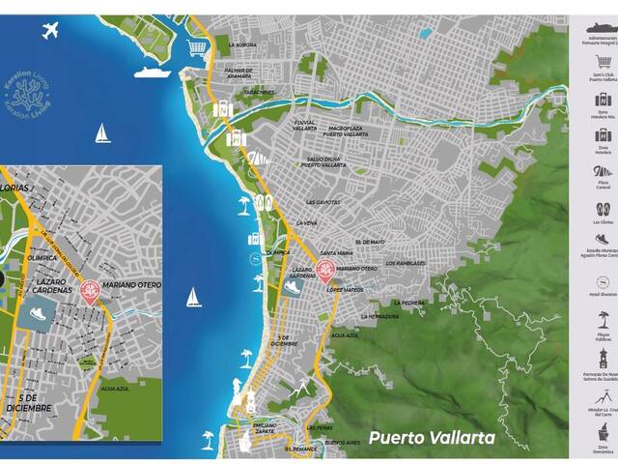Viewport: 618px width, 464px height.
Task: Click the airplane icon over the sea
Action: coord(51,33)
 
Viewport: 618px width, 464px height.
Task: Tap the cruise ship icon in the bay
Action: coord(152,72)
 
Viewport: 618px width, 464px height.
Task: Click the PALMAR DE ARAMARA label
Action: coord(239,72)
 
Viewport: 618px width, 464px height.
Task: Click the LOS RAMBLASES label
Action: coord(406,262)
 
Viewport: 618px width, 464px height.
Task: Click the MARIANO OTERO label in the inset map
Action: coord(134,286)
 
